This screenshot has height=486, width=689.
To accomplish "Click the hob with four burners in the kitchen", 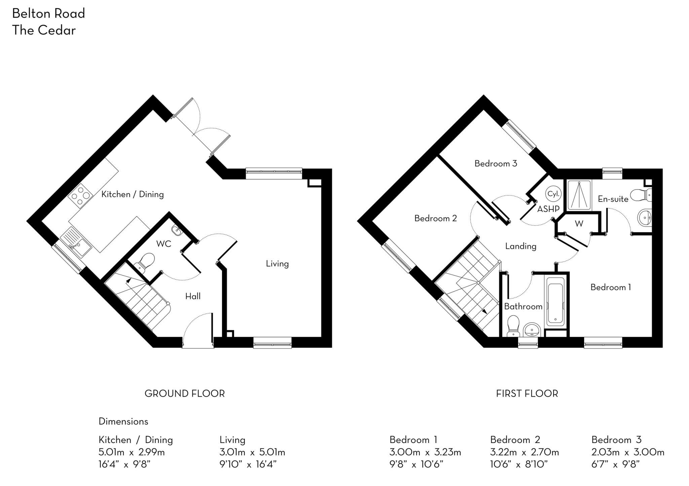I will coord(80,196).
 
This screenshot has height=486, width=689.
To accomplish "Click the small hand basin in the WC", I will coord(176,230).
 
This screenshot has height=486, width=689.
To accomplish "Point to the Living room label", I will coord(277,264).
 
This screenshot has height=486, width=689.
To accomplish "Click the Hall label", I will coord(193,296).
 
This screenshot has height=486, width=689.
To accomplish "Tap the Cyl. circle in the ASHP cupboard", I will coord(553,194).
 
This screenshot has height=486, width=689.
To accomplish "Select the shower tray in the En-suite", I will coord(579,195).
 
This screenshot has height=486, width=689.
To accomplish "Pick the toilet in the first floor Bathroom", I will coord(513,325).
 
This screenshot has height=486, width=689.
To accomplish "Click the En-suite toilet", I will coord(641,195).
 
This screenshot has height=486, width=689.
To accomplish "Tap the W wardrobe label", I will coord(579,224).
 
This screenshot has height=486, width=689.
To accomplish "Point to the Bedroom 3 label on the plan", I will coord(496,164).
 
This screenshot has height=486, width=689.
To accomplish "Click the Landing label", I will coord(520,246).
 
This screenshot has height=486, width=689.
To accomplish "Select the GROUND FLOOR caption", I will coord(184,394).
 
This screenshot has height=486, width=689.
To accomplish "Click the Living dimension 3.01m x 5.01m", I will coord(252,452).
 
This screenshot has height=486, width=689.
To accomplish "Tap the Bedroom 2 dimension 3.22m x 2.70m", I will coord(524,452).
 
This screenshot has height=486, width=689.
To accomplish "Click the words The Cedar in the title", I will coord(44,30).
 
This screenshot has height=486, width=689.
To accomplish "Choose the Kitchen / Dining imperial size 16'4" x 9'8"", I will coord(124,464).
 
